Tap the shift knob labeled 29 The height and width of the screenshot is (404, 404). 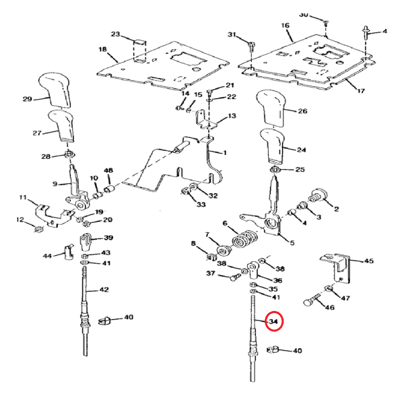click(59, 88)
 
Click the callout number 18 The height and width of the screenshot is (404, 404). click(102, 49)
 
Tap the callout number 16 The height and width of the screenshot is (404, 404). click(285, 26)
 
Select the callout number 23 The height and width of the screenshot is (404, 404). click(114, 34)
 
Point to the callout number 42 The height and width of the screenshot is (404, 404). click(104, 290)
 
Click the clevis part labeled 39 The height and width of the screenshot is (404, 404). click(88, 240)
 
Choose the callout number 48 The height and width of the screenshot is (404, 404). click(108, 170)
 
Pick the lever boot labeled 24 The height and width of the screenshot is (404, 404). click(273, 147)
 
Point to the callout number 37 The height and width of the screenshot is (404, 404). click(210, 273)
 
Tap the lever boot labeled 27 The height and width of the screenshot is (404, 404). click(65, 127)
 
